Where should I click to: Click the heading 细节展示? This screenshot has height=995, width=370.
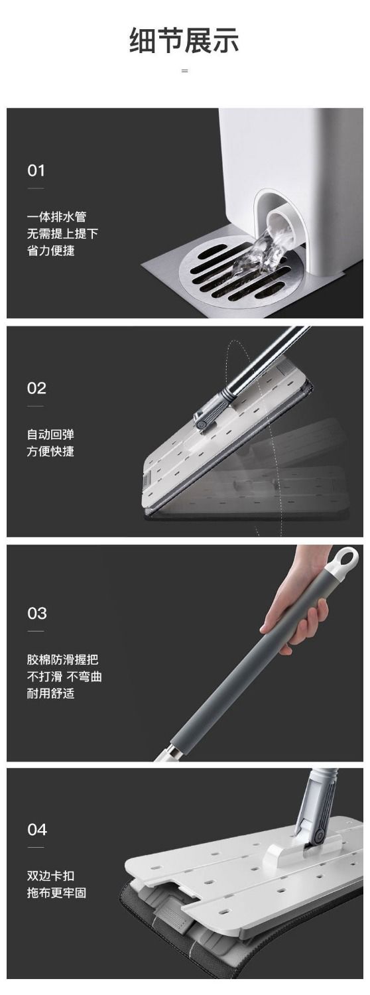pos(184,40)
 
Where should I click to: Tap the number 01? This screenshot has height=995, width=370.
pos(36,170)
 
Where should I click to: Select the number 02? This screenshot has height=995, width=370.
pos(36,388)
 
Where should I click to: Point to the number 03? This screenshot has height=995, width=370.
pos(36,614)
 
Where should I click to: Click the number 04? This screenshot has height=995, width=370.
pos(36,829)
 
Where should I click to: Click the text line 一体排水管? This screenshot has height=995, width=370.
pos(56,217)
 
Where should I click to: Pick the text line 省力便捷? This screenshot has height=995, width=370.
pos(50,251)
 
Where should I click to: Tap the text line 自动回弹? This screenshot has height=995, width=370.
pos(50,434)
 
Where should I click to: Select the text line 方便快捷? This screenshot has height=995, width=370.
pos(50,452)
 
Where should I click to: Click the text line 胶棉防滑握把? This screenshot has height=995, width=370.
pos(62,659)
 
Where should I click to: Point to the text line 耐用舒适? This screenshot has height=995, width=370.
pos(50,693)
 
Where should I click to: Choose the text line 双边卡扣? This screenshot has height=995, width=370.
pos(50,876)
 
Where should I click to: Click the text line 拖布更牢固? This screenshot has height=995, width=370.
pos(56,893)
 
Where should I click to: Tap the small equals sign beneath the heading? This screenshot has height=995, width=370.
pos(185,71)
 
